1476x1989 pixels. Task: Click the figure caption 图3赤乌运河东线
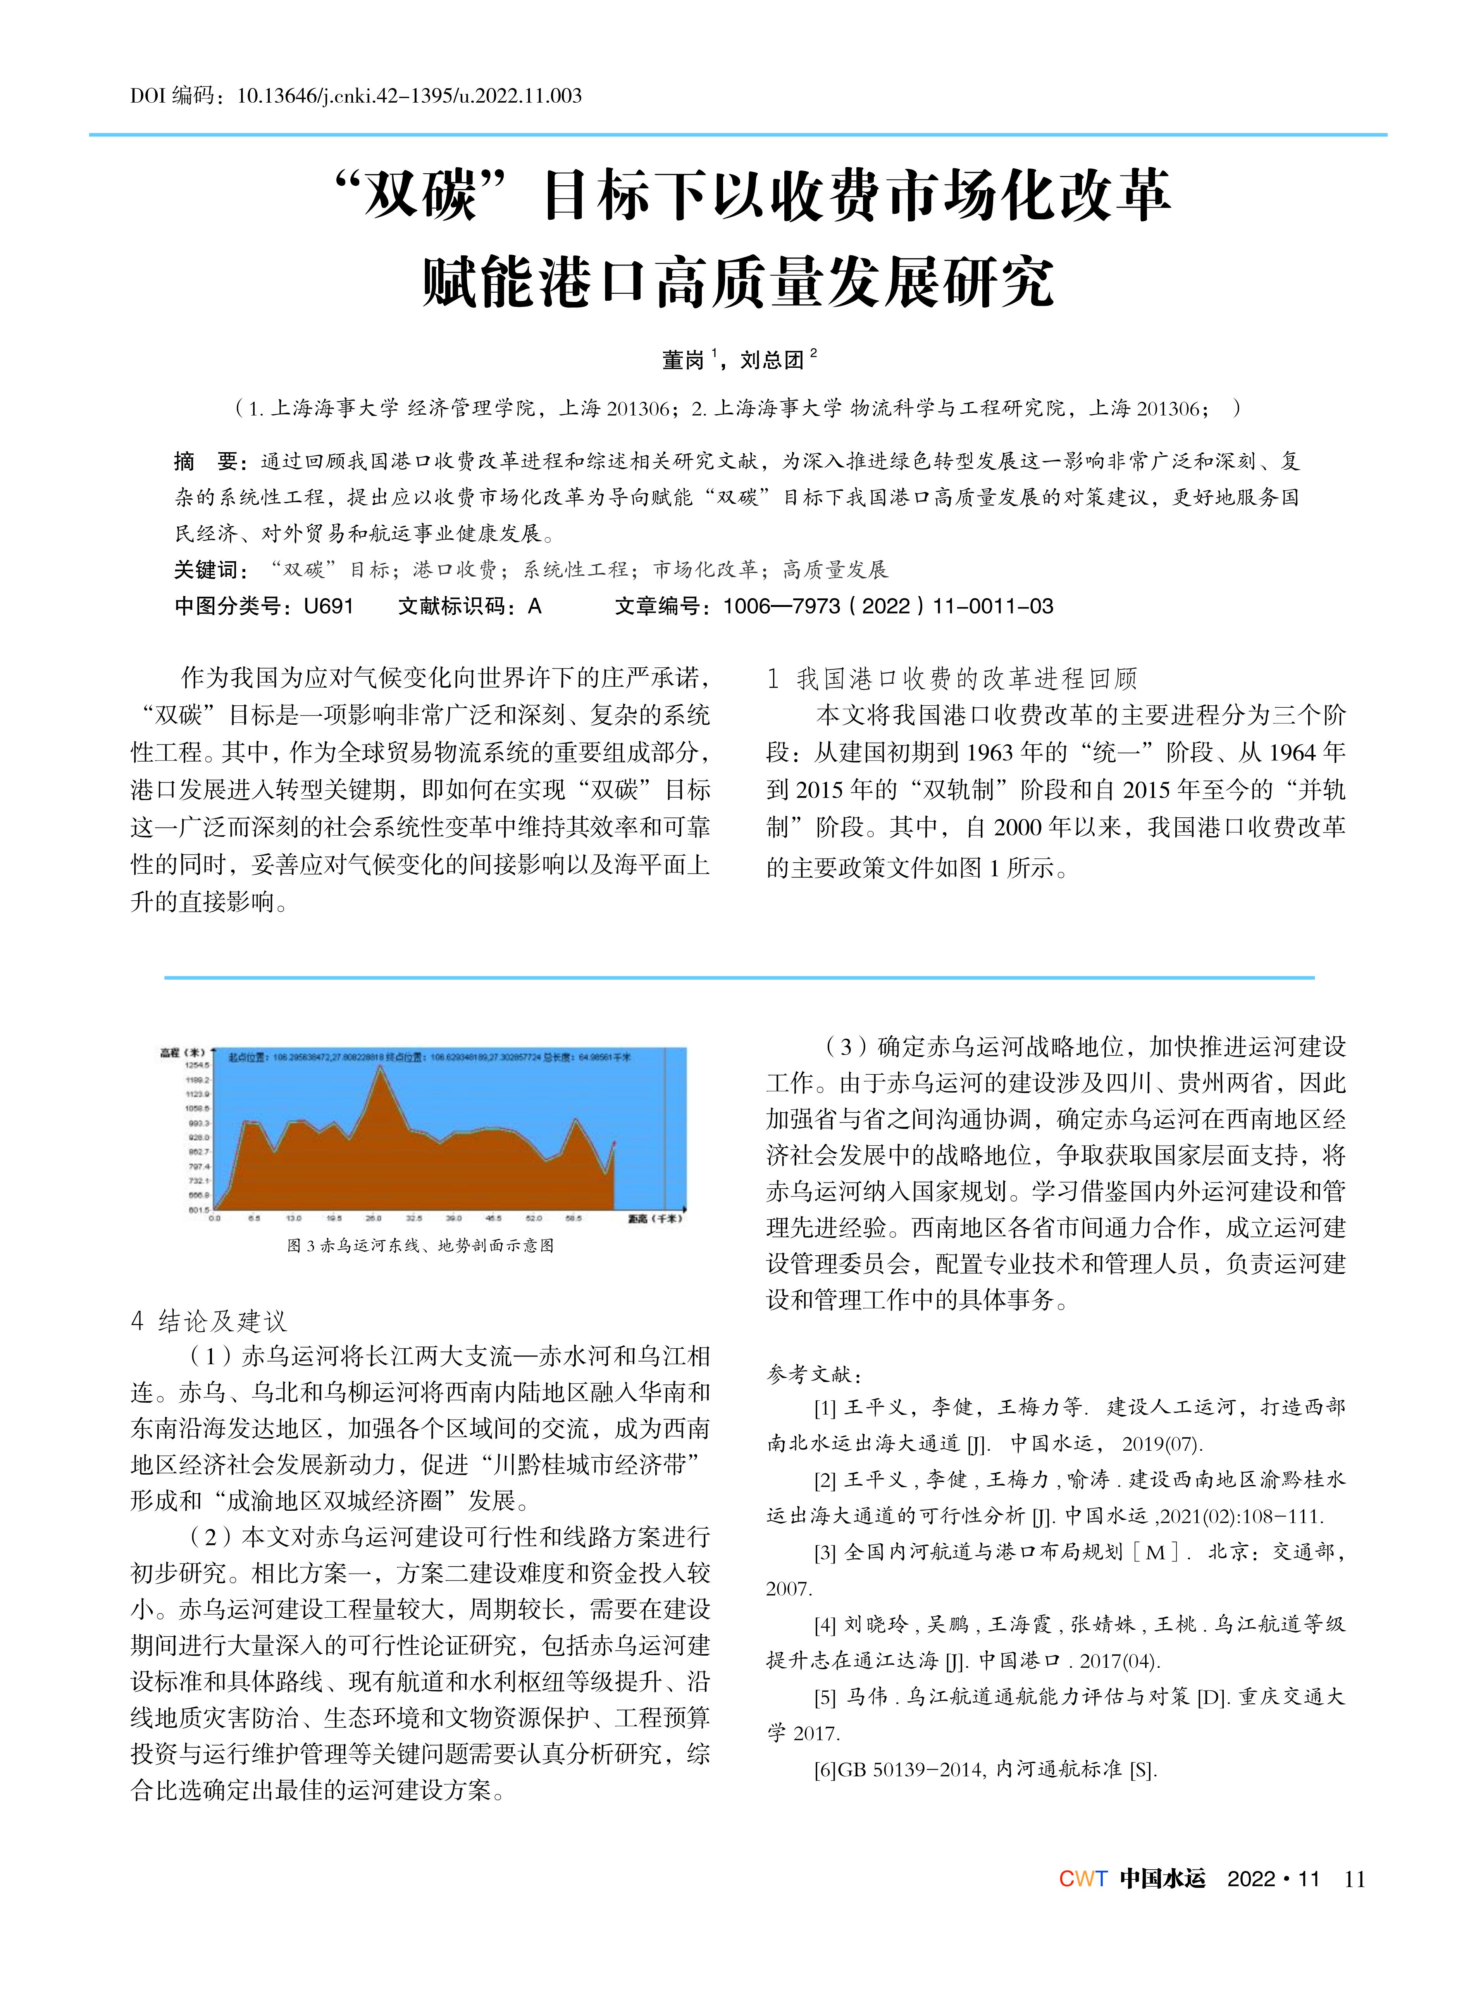pyautogui.click(x=420, y=1246)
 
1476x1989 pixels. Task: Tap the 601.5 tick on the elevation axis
pyautogui.click(x=198, y=1210)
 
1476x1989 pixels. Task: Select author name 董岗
pyautogui.click(x=684, y=360)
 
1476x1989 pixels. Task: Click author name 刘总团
pyautogui.click(x=772, y=360)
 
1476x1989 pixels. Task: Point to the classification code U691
pyautogui.click(x=329, y=607)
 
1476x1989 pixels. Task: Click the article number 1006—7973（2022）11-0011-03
pyautogui.click(x=888, y=607)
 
